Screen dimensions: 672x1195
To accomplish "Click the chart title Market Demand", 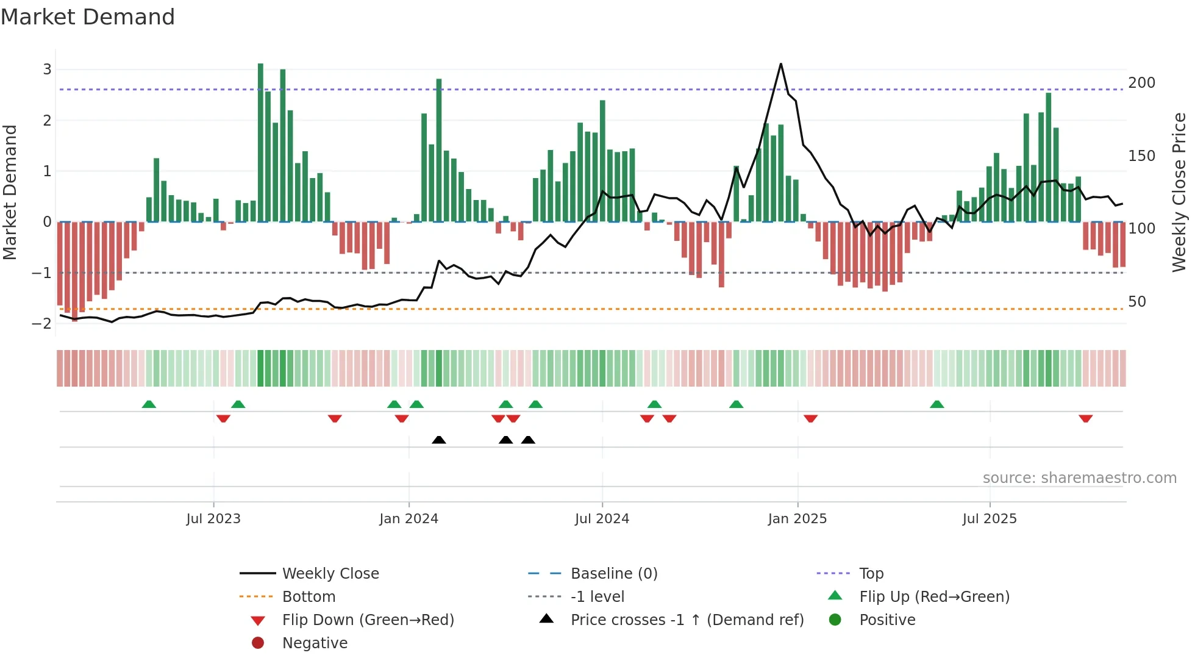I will pos(88,17).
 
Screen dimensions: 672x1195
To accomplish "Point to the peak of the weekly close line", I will pos(780,65).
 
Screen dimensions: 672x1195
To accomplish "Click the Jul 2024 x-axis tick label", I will pos(602,519).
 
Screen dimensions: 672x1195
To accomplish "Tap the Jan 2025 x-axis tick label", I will pos(797,519).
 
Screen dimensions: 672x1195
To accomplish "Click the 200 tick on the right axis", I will pos(1141,83).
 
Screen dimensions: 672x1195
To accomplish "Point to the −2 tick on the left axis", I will pos(42,323).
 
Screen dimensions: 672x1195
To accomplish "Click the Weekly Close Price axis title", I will pos(1179,192).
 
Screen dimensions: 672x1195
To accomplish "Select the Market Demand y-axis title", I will pos(10,192).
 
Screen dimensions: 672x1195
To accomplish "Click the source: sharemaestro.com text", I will pos(1079,478).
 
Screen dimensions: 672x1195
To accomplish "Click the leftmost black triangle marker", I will pos(438,440).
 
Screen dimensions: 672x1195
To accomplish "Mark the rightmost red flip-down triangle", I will pos(1085,418).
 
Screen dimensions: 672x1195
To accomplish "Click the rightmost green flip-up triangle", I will pos(936,404).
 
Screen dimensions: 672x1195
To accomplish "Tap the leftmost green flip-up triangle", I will pos(149,404).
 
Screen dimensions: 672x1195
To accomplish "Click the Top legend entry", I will pos(871,574).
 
